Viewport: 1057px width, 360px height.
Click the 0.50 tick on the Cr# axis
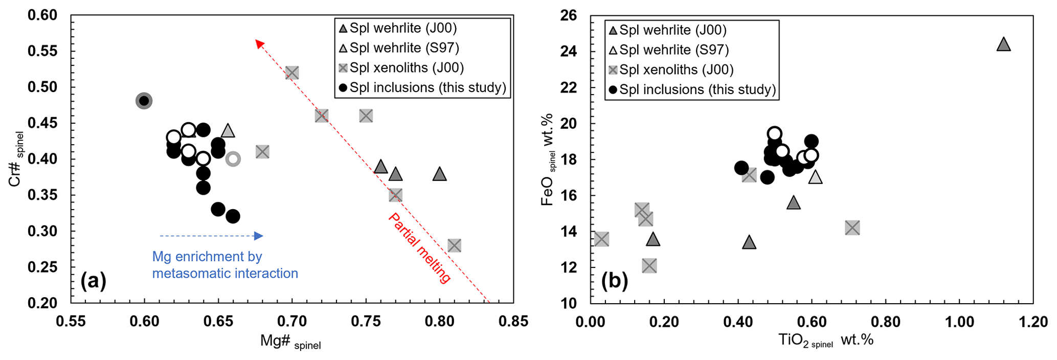pos(43,87)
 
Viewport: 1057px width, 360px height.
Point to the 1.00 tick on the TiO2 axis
pos(959,322)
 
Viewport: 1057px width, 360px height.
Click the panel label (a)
pos(93,281)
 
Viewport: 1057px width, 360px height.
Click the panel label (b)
pos(614,281)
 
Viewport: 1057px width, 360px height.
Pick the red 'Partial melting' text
pos(419,248)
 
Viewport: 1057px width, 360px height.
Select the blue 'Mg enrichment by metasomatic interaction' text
pos(225,265)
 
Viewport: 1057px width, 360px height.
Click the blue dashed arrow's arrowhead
pos(259,236)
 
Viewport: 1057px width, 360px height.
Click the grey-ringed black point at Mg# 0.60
pos(144,101)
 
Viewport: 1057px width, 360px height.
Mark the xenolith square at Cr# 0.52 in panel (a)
pos(292,73)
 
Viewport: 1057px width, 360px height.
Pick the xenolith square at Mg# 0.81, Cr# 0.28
pos(454,245)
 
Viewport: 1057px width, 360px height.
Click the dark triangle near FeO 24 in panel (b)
pos(1004,45)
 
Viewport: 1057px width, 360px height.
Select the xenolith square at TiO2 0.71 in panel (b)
pos(852,228)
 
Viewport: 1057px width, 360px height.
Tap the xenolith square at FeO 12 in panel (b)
pos(649,266)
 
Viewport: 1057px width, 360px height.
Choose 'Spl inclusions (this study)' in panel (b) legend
pos(698,89)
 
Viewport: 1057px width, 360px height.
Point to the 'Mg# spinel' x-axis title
pos(290,342)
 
